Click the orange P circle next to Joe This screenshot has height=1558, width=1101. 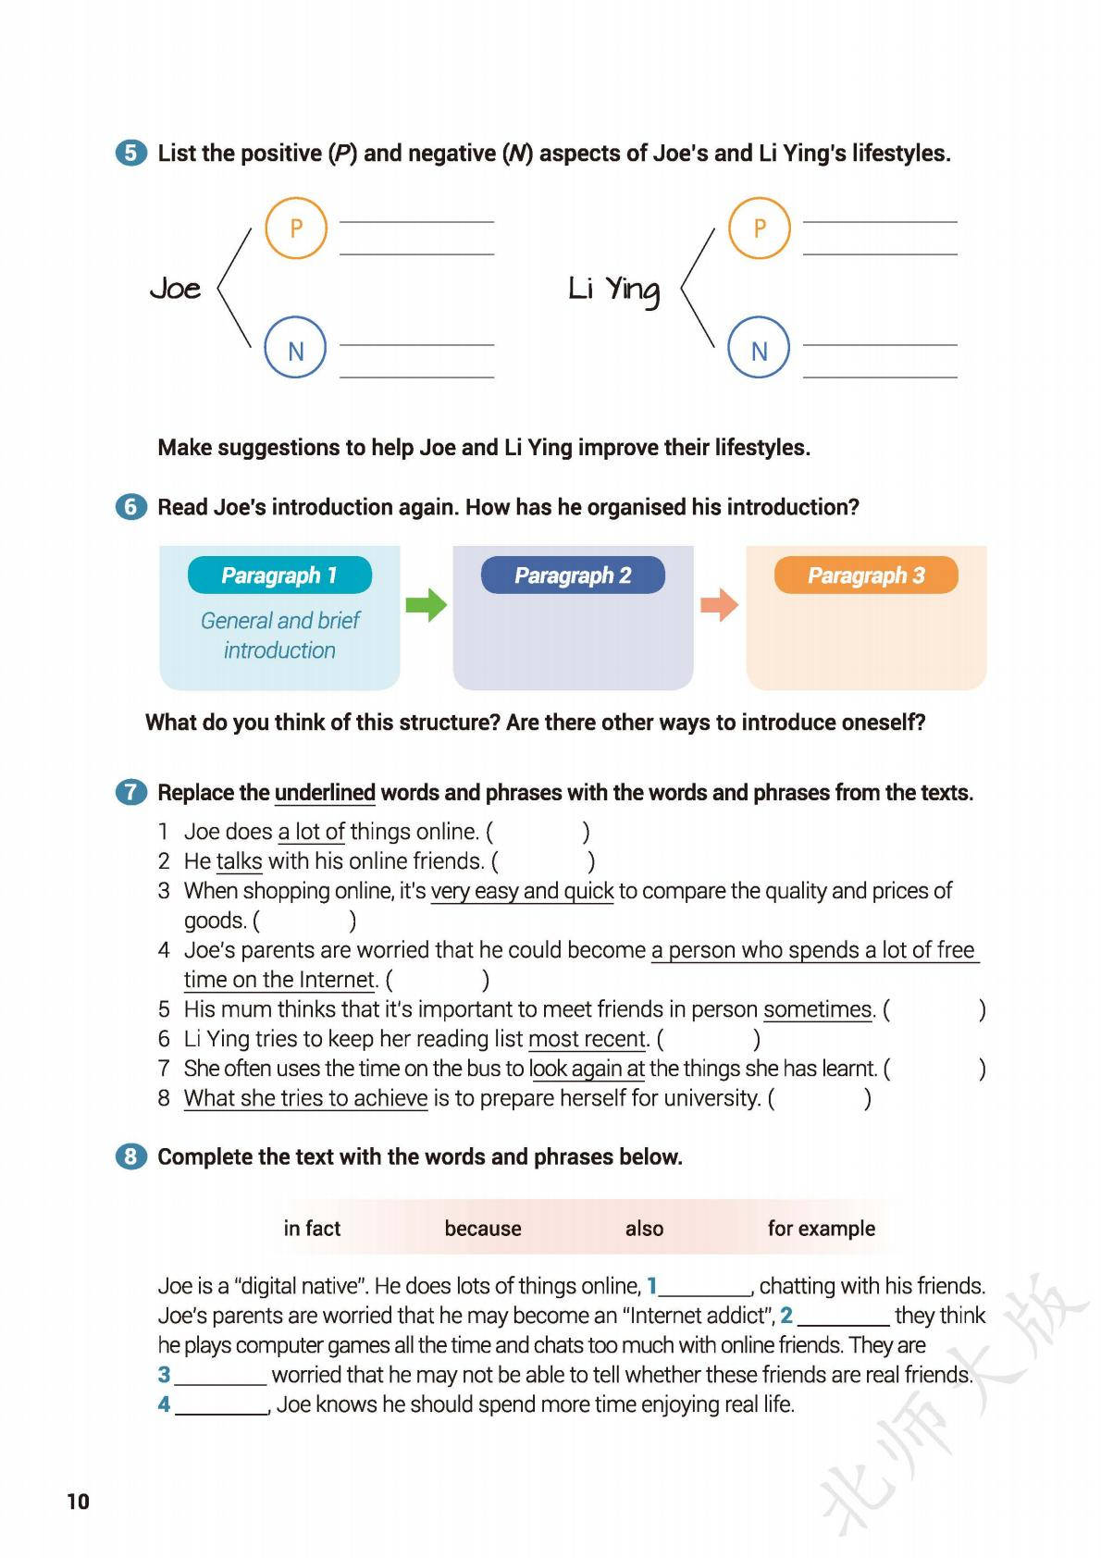tap(296, 228)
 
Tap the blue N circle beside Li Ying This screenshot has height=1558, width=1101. tap(759, 350)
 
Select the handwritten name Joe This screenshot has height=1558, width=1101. tap(176, 289)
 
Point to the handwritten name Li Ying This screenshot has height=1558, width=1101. tap(613, 290)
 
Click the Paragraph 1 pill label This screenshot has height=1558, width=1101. tap(279, 575)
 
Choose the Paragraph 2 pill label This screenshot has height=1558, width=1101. tap(573, 575)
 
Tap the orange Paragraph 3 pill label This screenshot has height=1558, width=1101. tap(866, 575)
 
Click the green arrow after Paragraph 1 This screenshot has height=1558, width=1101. tap(427, 606)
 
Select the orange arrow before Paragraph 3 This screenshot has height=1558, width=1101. tap(719, 606)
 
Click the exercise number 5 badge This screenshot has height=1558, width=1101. tap(131, 153)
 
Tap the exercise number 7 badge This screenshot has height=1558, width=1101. tap(131, 792)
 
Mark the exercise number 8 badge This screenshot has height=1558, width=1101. tap(131, 1156)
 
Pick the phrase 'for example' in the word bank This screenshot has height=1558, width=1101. tap(821, 1229)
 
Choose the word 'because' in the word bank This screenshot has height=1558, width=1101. tap(483, 1229)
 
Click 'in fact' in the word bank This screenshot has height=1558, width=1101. tap(312, 1229)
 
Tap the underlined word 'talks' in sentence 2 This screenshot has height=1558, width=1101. tap(239, 861)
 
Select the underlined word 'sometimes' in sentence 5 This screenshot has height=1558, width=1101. tap(818, 1009)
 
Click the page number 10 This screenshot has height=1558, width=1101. tap(78, 1502)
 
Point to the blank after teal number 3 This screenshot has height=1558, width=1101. tap(220, 1377)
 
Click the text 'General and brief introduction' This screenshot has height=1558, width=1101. tap(280, 635)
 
